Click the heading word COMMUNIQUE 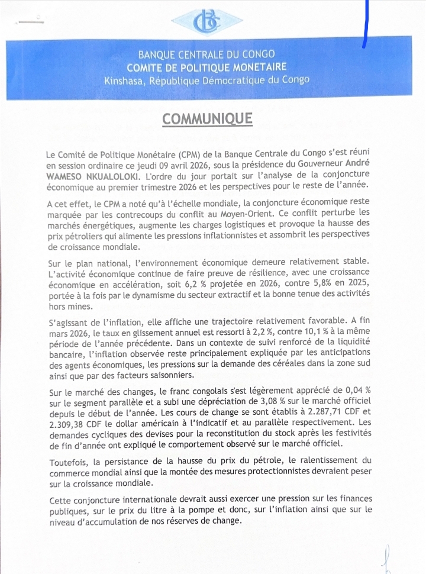(207, 119)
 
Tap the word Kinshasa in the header (125, 80)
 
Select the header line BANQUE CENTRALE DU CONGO (206, 55)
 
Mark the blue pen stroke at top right (365, 24)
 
